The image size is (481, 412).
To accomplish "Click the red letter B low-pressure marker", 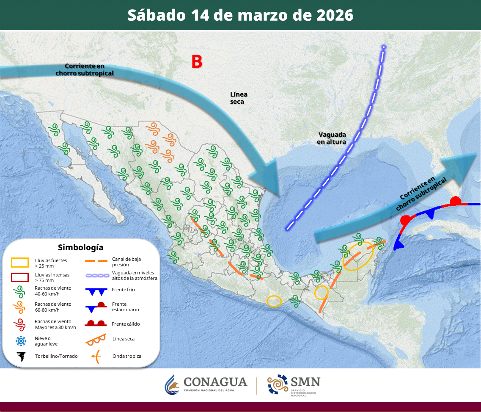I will (x=197, y=62).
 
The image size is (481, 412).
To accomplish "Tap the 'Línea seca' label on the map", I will (x=239, y=98).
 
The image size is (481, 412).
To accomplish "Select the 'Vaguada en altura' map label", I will (x=332, y=138).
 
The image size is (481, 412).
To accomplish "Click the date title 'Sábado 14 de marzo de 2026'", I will (x=240, y=15).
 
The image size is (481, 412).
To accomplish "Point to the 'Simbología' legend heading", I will (x=80, y=247).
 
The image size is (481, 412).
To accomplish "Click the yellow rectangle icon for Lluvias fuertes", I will (x=19, y=263).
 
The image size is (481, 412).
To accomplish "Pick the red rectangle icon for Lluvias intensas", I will (x=19, y=277).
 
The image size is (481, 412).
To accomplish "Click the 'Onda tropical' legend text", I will (x=127, y=356).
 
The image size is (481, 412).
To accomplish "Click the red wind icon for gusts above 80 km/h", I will (x=19, y=324).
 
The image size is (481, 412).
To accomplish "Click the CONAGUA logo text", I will (x=215, y=382).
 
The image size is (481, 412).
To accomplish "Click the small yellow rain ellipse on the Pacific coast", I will (x=274, y=301).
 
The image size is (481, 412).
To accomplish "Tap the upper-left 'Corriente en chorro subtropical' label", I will (x=85, y=70).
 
